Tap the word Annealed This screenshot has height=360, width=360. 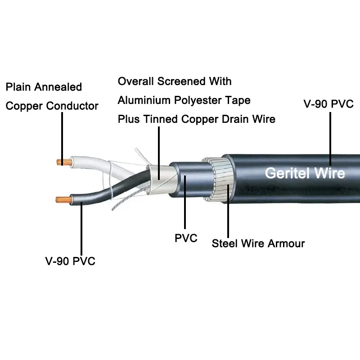pyautogui.click(x=58, y=86)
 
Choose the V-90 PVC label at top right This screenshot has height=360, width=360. pyautogui.click(x=329, y=104)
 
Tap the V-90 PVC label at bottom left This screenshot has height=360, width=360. pyautogui.click(x=70, y=261)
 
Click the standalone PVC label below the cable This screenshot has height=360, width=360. pyautogui.click(x=186, y=238)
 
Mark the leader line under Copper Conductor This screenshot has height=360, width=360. pyautogui.click(x=62, y=135)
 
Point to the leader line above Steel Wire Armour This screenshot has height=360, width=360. pyautogui.click(x=228, y=216)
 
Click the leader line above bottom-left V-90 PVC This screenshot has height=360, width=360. pyautogui.click(x=81, y=229)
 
